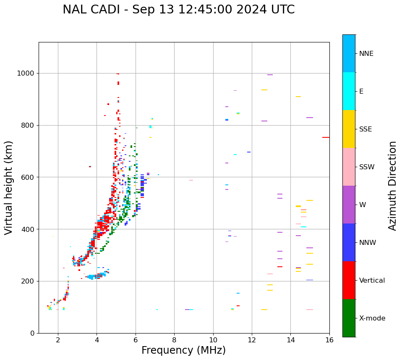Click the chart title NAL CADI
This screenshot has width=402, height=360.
[178, 10]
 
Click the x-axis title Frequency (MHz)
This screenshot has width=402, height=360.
[183, 350]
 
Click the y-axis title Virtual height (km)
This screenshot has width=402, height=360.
[9, 187]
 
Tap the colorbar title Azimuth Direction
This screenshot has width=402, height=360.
[392, 186]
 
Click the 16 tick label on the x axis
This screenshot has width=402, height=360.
[329, 339]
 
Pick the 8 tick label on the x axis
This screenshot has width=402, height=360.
[174, 339]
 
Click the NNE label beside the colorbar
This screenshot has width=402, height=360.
[366, 54]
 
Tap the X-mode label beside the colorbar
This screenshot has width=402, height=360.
[372, 318]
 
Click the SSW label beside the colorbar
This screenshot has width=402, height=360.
[366, 167]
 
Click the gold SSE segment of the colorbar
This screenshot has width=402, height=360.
[349, 129]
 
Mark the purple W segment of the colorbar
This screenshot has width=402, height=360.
[349, 205]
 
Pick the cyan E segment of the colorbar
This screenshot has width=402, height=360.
[349, 91]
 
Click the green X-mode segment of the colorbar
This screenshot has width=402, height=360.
[349, 318]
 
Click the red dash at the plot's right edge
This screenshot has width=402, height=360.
[326, 137]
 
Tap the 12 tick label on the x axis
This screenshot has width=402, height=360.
[252, 339]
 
